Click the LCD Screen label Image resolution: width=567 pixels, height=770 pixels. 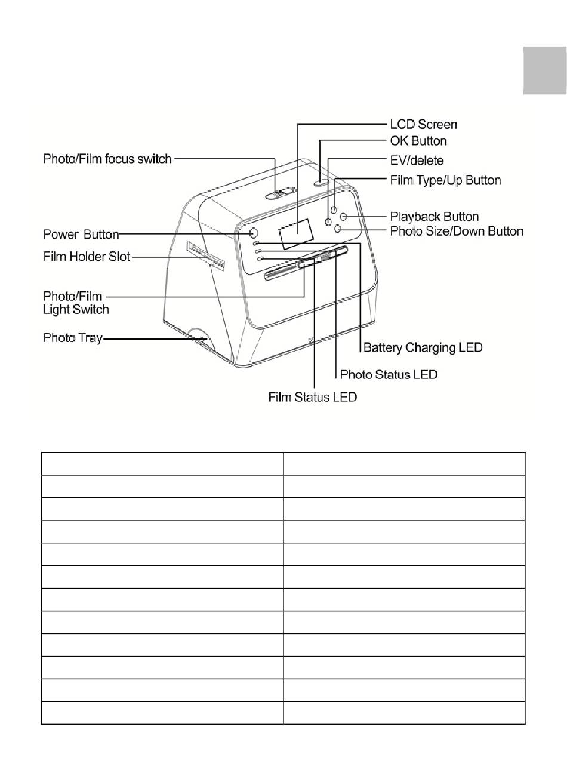[x=423, y=124]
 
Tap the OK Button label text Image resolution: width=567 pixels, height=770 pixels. [x=418, y=141]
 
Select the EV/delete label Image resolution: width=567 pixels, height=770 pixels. [x=417, y=161]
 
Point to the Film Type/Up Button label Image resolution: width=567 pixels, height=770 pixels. [x=445, y=180]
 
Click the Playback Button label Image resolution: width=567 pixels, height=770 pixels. [x=434, y=217]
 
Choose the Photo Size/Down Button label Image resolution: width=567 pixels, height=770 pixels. [x=457, y=231]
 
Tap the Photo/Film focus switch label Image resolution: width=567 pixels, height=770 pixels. [x=107, y=159]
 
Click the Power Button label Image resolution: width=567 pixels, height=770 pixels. [x=81, y=235]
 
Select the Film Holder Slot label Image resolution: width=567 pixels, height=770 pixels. [x=87, y=257]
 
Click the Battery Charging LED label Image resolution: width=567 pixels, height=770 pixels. [x=423, y=347]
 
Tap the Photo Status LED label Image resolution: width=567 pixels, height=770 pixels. [x=389, y=374]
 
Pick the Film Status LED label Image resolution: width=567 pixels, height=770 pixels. [x=312, y=397]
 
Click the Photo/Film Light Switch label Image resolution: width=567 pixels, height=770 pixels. [x=76, y=303]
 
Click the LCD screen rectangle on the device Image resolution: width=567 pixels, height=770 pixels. [x=296, y=233]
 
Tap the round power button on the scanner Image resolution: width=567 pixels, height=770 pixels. [x=252, y=233]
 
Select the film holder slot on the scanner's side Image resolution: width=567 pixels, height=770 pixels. [x=206, y=254]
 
